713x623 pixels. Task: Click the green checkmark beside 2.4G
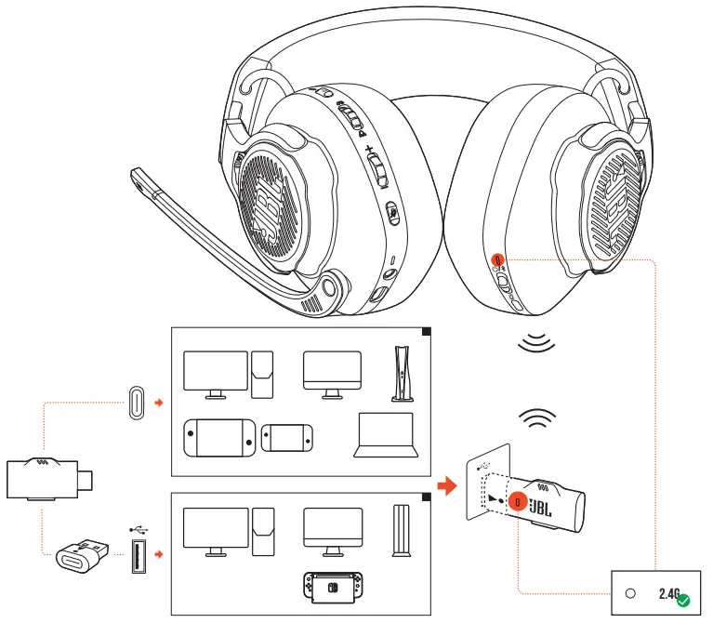[683, 601]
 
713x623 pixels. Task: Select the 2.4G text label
[669, 592]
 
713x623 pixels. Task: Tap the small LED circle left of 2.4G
[631, 593]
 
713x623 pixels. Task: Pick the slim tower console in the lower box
[401, 531]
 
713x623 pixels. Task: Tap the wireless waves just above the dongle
[537, 420]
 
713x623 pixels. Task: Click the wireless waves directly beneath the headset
[537, 346]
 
